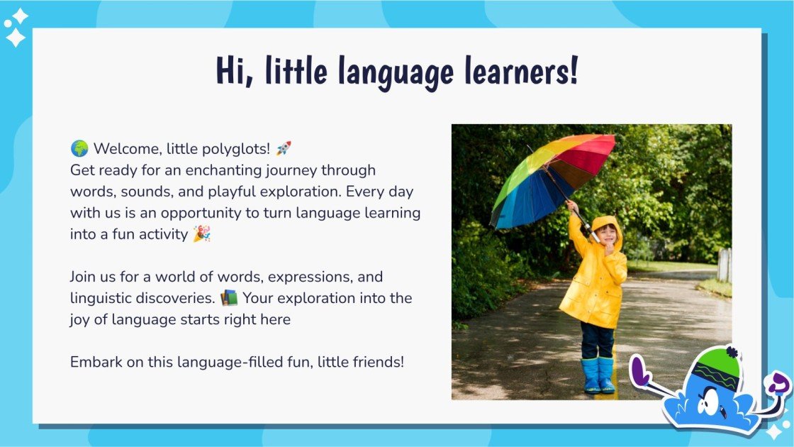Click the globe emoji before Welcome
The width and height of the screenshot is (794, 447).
[79, 149]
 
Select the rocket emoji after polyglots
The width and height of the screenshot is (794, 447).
[283, 149]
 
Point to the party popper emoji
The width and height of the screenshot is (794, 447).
[201, 234]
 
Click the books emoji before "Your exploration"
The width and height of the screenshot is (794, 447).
[229, 298]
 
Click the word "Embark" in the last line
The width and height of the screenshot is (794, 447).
[93, 362]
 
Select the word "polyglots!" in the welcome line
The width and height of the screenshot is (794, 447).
[236, 149]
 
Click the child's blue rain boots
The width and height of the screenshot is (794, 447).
[598, 375]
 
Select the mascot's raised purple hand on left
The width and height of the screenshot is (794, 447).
[641, 370]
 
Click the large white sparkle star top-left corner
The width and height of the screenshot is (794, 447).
[16, 37]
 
